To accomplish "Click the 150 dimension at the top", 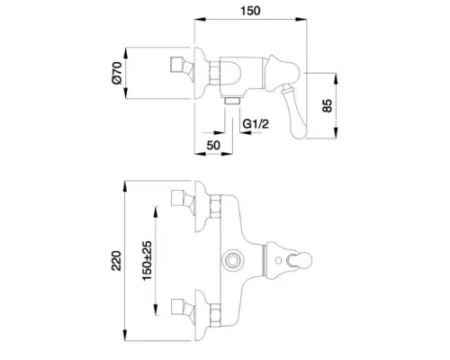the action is [x=250, y=11].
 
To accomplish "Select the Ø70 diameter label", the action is [x=117, y=73].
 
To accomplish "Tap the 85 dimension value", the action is [x=328, y=105].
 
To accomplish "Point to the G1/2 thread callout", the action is [x=256, y=123].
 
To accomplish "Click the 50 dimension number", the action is [x=213, y=145].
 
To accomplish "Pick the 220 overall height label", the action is [x=116, y=261].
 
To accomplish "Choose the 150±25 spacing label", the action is [x=147, y=260].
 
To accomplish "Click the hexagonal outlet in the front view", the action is [x=232, y=260].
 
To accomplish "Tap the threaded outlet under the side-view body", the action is [x=232, y=101].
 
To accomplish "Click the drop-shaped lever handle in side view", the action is [x=295, y=112].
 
